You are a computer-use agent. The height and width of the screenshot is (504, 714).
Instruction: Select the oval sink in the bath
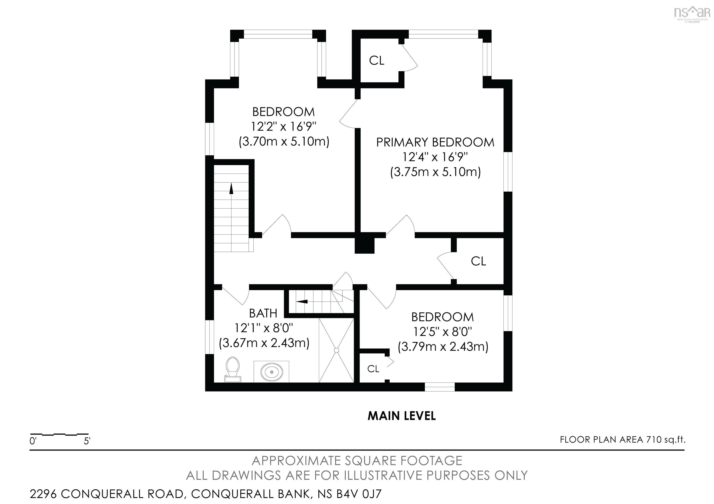271,372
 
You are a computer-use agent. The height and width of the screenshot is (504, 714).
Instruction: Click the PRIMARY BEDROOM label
435,142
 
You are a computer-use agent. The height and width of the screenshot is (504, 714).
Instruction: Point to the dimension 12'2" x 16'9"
284,127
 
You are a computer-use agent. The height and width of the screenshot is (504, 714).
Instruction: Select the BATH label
263,314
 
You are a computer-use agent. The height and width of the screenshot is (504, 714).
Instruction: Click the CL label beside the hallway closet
478,261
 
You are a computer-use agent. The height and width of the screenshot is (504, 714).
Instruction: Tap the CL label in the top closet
377,61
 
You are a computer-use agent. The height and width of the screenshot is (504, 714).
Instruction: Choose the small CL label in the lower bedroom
373,369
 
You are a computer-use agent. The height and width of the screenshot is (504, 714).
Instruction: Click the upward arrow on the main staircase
231,189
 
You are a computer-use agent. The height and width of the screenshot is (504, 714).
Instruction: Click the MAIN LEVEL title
401,416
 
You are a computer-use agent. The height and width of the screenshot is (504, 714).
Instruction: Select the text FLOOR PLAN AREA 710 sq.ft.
623,440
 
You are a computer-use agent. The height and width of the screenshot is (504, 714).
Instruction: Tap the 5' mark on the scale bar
87,441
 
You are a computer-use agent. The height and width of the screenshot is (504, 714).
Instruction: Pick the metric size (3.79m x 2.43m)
443,347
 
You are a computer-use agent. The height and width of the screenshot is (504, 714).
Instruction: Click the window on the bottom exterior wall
440,386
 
